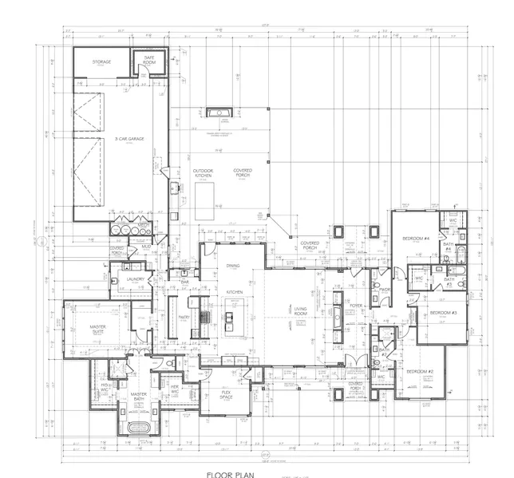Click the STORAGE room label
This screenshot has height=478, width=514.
101,61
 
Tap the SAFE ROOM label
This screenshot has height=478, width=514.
149,60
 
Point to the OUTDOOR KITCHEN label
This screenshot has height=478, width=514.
203,173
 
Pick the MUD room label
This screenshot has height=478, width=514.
146,247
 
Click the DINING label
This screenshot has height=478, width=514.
233,266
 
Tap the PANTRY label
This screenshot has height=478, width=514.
183,316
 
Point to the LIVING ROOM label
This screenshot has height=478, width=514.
301,312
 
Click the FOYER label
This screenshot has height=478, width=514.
356,305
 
